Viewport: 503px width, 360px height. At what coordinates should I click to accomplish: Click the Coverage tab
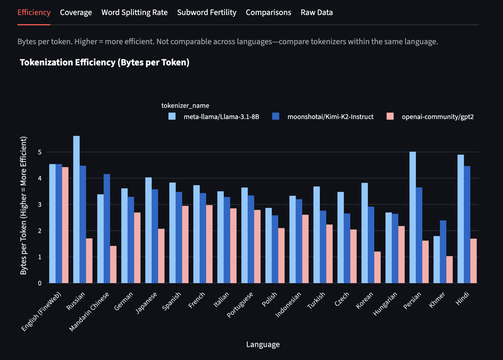pos(76,12)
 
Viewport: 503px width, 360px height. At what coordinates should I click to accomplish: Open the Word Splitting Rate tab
pos(134,12)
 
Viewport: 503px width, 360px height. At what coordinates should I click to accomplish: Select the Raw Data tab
pos(317,12)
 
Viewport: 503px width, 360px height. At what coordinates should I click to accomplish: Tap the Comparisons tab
pos(268,12)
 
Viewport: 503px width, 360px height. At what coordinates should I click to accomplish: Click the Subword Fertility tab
pos(206,12)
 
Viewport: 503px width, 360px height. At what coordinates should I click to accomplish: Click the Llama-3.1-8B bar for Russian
pos(76,209)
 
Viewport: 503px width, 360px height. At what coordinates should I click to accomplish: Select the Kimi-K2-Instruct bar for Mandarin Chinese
pos(107,228)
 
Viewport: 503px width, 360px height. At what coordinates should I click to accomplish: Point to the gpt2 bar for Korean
pos(377,267)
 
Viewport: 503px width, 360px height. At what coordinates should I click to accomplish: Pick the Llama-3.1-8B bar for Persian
pos(413,217)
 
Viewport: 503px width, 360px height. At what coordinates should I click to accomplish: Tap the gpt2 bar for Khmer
pos(449,270)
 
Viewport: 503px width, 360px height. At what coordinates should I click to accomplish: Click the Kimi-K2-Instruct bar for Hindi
pos(467,224)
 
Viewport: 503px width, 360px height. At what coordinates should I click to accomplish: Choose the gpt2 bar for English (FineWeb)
pos(65,225)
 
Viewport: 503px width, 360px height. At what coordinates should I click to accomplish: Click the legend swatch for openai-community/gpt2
pos(390,116)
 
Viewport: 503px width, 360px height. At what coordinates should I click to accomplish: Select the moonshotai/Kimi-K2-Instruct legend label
pos(330,117)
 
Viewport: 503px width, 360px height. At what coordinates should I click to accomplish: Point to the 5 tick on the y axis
pos(40,152)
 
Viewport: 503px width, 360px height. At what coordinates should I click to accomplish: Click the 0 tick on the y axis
pos(40,283)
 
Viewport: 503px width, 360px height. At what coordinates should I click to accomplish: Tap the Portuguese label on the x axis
pos(240,305)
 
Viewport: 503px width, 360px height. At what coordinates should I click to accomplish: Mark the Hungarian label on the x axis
pos(385,304)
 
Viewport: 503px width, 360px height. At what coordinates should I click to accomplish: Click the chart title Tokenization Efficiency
pos(104,62)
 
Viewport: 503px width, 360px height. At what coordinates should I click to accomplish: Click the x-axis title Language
pos(263,344)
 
